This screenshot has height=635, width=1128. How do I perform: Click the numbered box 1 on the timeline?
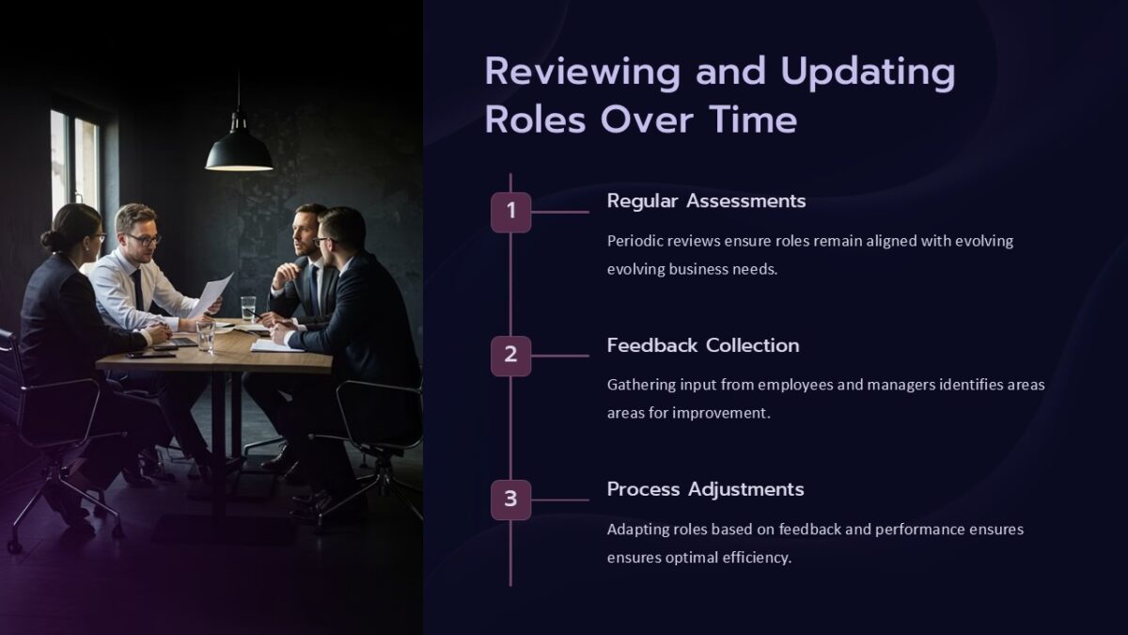tap(510, 212)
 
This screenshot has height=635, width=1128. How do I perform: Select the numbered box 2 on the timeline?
tap(510, 356)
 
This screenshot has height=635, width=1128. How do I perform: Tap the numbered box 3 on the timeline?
tap(510, 500)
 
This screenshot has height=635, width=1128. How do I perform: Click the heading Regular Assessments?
tap(706, 200)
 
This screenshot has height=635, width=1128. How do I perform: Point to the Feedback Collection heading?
tap(703, 345)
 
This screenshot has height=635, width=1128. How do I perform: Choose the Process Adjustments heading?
tap(705, 489)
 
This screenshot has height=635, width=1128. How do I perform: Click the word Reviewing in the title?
tap(582, 72)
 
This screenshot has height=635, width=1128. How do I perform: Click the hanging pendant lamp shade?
tap(239, 152)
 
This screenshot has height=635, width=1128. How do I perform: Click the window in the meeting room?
tap(74, 160)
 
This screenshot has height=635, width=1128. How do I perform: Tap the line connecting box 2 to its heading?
tap(560, 357)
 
